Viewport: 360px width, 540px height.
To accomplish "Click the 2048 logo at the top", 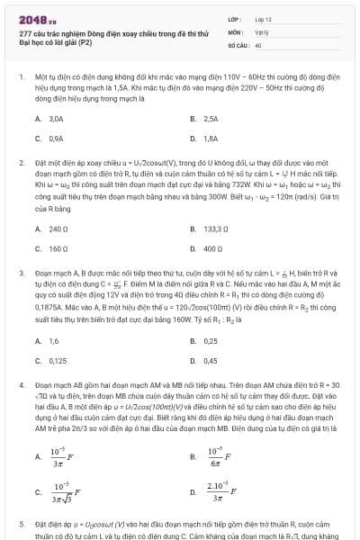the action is pyautogui.click(x=34, y=17).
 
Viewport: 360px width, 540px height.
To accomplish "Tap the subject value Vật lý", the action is pyautogui.click(x=261, y=31).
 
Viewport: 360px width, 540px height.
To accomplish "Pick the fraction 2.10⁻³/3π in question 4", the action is pyautogui.click(x=219, y=490).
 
